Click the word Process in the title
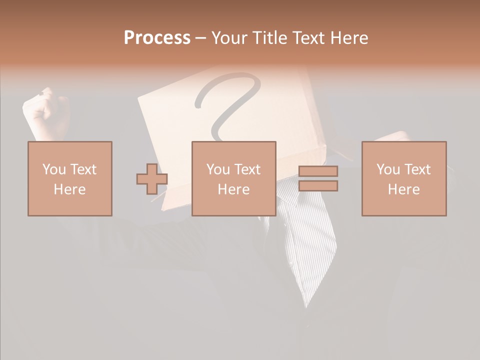157,38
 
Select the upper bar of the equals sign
318,171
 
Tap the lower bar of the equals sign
318,186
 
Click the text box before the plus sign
69,178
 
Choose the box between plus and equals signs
233,178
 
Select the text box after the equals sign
403,178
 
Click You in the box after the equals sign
388,169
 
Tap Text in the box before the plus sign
83,169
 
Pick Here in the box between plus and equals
233,189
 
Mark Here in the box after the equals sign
403,189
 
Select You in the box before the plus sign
54,169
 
